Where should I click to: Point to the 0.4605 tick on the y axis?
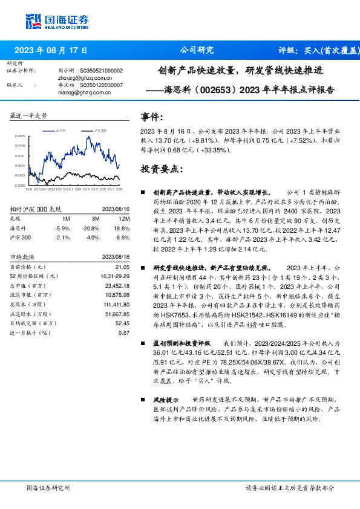(20, 137)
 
